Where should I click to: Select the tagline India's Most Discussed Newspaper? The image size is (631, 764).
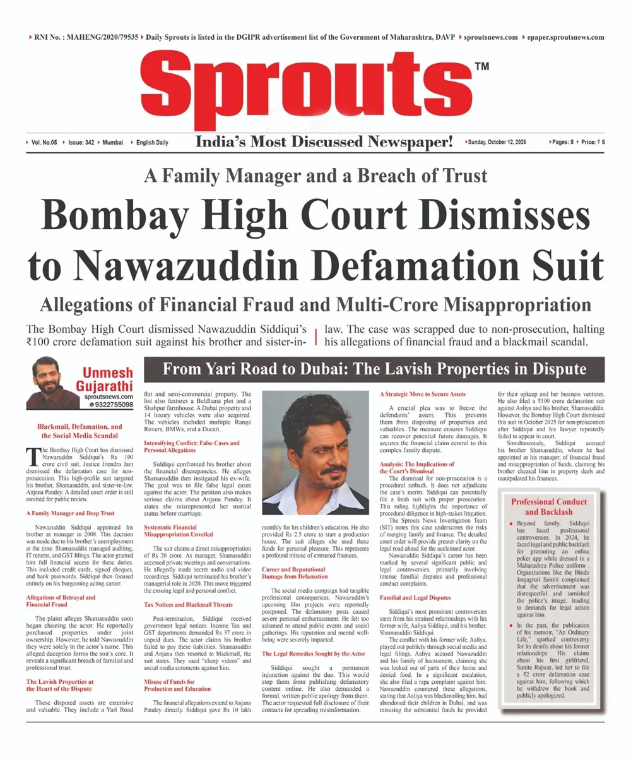click(324, 142)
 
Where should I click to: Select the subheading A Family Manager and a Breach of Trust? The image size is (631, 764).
click(315, 176)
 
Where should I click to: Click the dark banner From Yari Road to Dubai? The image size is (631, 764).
click(374, 369)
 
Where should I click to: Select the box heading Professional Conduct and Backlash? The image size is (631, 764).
click(548, 506)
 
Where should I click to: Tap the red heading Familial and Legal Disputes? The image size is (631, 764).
click(416, 597)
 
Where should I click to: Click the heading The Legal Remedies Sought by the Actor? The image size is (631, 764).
click(314, 654)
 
